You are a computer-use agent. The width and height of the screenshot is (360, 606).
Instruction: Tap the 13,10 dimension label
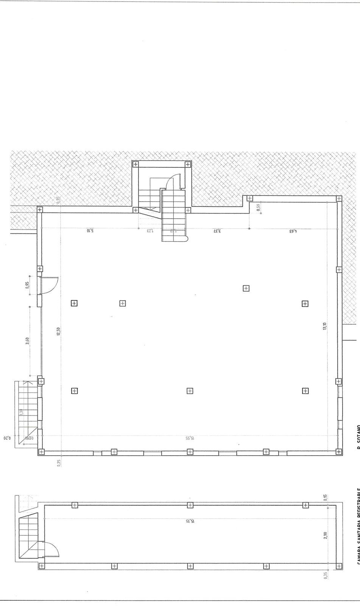point(324,326)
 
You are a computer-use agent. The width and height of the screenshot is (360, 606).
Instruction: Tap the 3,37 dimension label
point(217,230)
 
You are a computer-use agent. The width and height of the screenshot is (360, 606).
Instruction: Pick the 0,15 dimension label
point(325,498)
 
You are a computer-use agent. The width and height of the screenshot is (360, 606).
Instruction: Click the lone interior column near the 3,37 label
point(246,288)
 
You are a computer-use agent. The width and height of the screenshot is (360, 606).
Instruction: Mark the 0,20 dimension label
point(5,438)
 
